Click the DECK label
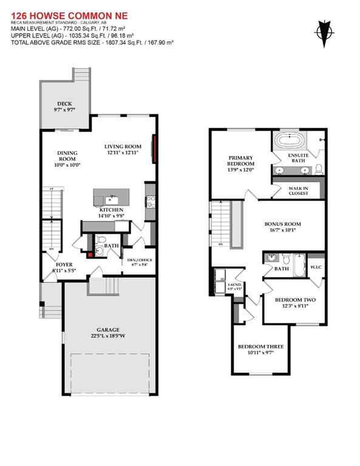pyautogui.click(x=64, y=104)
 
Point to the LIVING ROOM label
pyautogui.click(x=123, y=146)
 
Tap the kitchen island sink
pyautogui.click(x=111, y=198)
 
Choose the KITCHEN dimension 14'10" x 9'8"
pyautogui.click(x=116, y=215)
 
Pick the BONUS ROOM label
pyautogui.click(x=284, y=224)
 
